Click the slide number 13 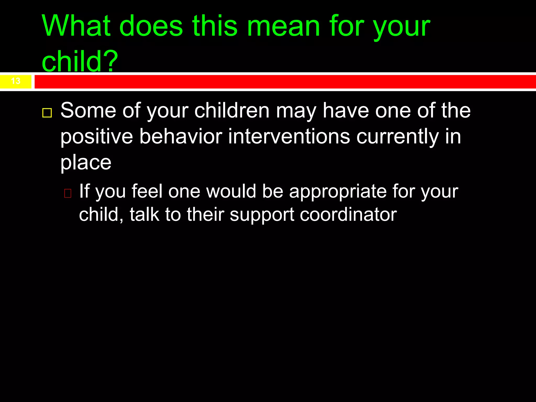coord(16,81)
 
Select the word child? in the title coord(80,61)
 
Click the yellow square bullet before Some coord(47,113)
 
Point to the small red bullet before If coord(68,193)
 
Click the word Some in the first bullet coord(88,110)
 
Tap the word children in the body coord(232,110)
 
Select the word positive coord(97,137)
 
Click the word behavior coord(181,137)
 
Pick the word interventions coord(289,137)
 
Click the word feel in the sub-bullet coord(147,191)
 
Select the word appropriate coord(338,191)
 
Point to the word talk coord(144,215)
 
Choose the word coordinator coord(348,215)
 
